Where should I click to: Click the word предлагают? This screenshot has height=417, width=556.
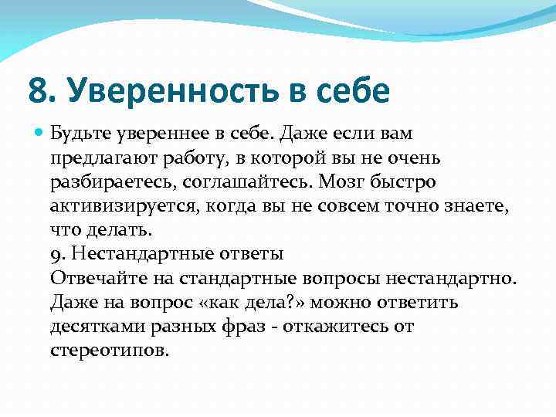click(99, 158)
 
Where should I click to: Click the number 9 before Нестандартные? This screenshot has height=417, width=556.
click(54, 255)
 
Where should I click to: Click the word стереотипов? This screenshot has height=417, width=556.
click(107, 351)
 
